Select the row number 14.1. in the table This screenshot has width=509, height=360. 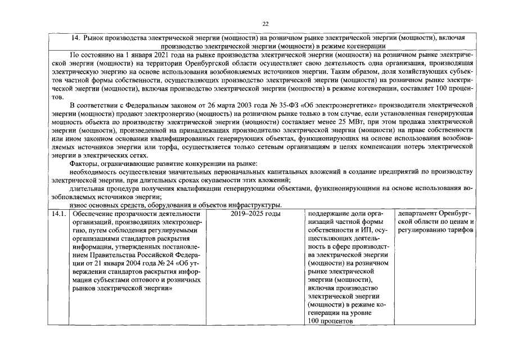pos(58,214)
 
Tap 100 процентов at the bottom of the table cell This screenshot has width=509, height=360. pos(330,321)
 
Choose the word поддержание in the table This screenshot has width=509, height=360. pos(328,214)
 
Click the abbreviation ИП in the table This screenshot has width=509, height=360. pos(366,230)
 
